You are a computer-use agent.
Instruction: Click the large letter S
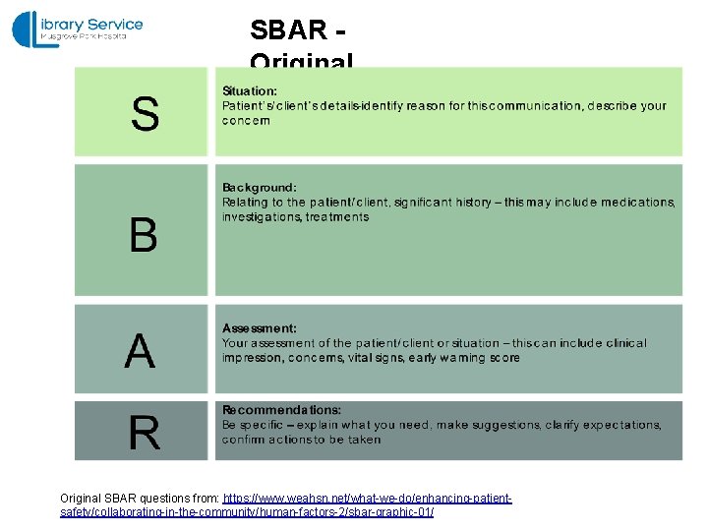[x=145, y=114]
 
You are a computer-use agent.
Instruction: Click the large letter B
[x=143, y=236]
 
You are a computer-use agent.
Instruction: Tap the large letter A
[x=140, y=351]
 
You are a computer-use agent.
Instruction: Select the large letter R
[x=144, y=433]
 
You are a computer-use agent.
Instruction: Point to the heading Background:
[x=259, y=187]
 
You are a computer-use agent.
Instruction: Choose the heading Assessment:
[x=259, y=328]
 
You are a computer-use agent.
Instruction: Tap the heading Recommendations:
[x=281, y=409]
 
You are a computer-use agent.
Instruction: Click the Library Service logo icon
[x=28, y=28]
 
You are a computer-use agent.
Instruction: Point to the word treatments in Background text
[x=337, y=216]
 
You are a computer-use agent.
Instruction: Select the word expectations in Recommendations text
[x=621, y=425]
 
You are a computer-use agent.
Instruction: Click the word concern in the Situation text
[x=246, y=121]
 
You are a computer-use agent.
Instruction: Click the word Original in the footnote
[x=80, y=500]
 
